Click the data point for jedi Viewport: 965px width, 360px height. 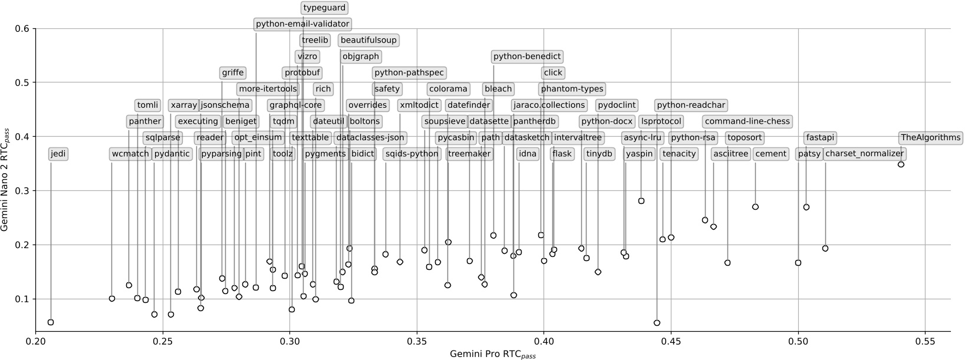[x=51, y=322]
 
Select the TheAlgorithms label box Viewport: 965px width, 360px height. [x=931, y=138]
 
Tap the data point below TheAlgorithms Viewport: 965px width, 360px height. [x=901, y=164]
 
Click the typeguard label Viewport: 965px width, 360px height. [x=324, y=8]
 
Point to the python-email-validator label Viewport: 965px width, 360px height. [x=303, y=24]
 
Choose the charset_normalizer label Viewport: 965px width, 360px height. [x=864, y=154]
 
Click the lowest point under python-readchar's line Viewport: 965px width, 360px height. [x=657, y=323]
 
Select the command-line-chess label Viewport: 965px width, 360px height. [x=747, y=121]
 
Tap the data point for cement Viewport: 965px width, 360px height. [x=755, y=207]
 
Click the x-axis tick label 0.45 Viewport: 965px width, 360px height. [x=671, y=341]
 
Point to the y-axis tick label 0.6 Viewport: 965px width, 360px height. [x=22, y=28]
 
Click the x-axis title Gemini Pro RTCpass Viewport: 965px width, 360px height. [x=493, y=354]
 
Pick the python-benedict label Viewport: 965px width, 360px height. [x=527, y=57]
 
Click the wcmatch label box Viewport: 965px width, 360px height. [x=130, y=154]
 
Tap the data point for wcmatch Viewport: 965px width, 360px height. [x=112, y=299]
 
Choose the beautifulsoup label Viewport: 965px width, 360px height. [x=369, y=41]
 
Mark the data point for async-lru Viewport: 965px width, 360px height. [x=641, y=201]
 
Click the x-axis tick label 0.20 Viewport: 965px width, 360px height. [x=35, y=341]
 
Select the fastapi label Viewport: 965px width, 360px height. [x=820, y=138]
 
